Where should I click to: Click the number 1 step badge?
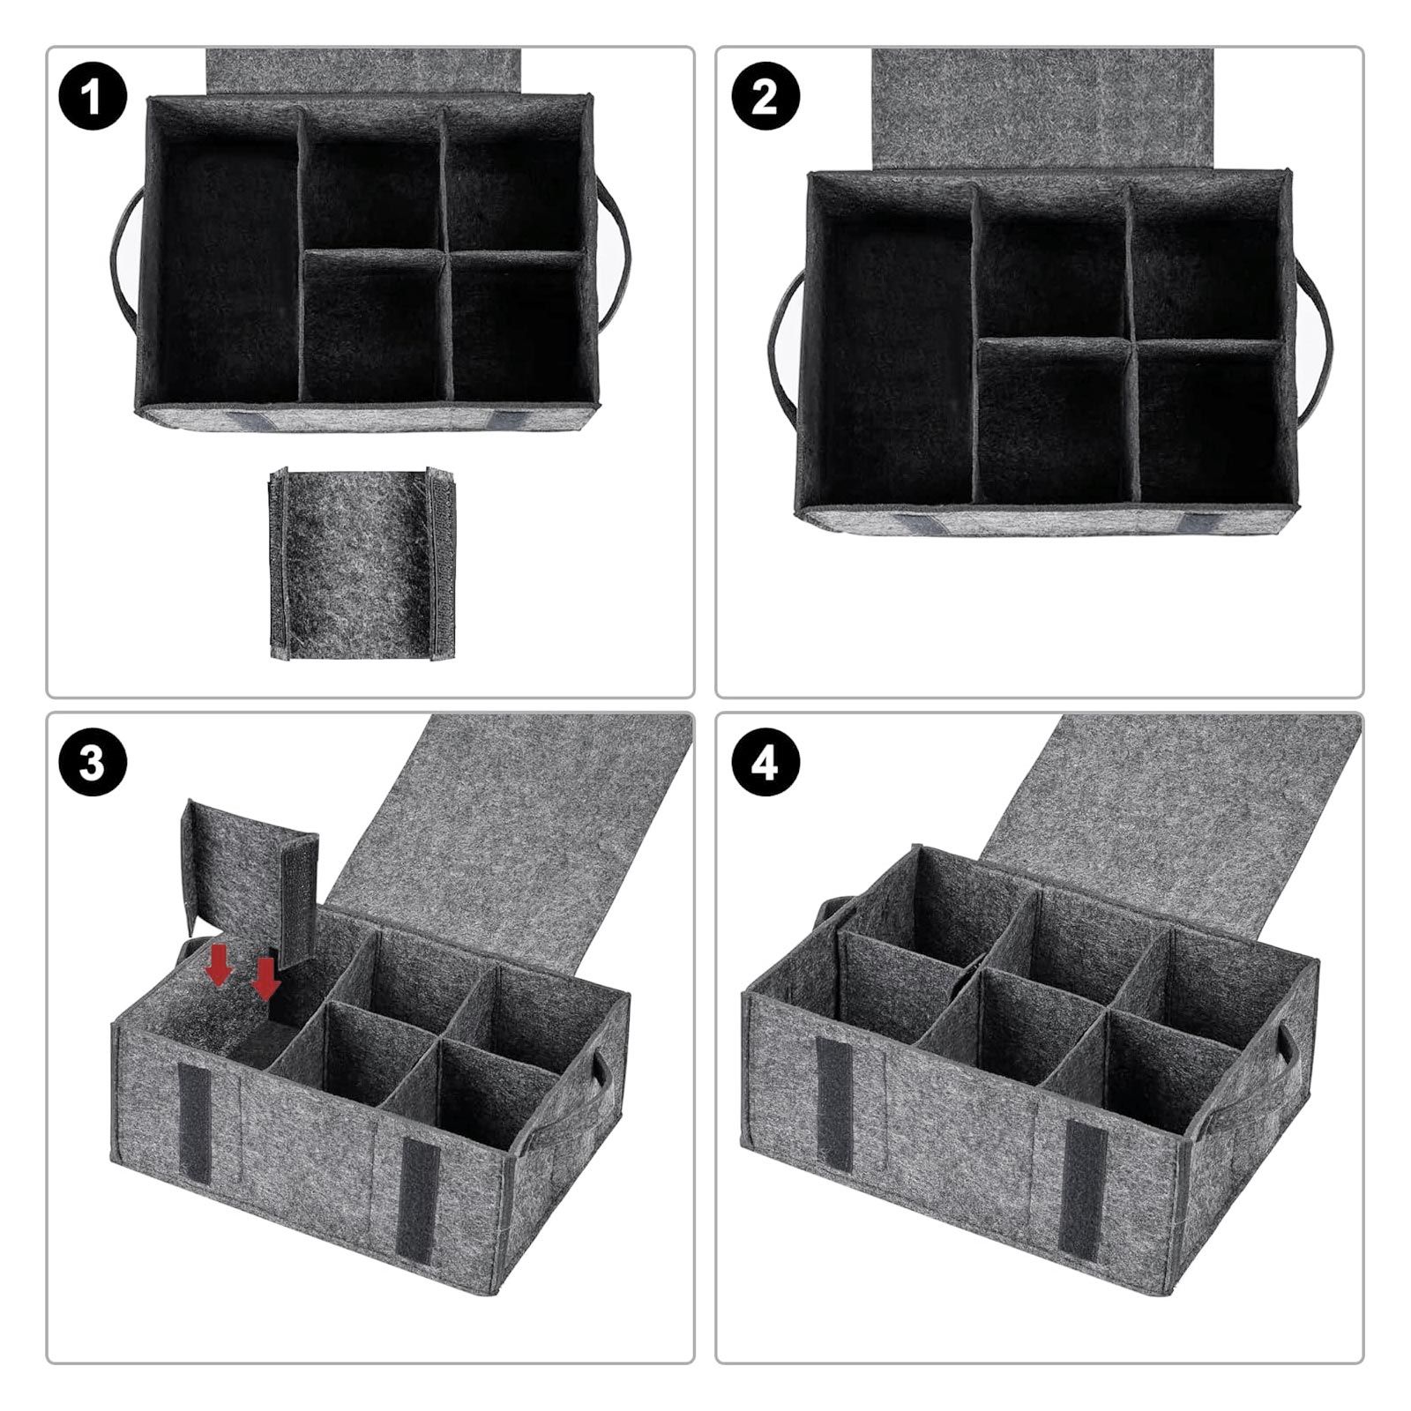point(93,96)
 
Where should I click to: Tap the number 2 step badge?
point(765,96)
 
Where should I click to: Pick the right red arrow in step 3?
point(265,980)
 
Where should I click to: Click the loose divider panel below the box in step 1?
point(362,564)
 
